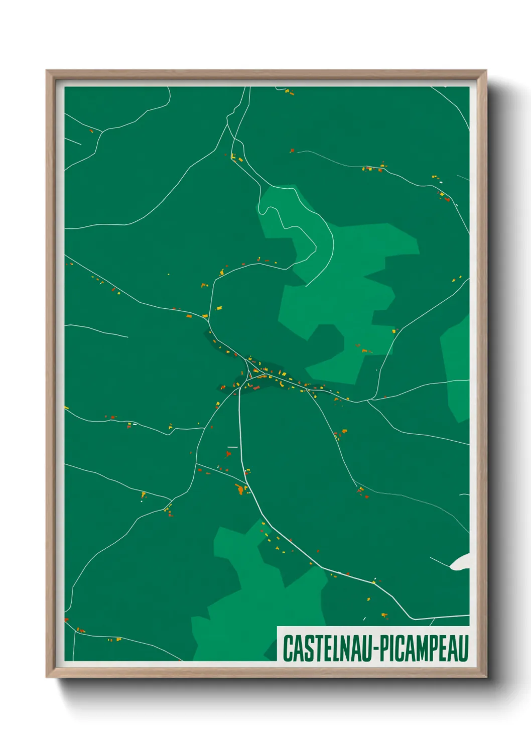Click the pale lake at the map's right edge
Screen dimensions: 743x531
pos(462,562)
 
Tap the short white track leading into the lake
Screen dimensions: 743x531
pos(440,562)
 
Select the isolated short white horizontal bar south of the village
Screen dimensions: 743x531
pos(232,446)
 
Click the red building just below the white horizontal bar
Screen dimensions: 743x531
pos(228,454)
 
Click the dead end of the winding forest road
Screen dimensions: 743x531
pos(306,286)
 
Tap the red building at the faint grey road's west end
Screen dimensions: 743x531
pos(292,150)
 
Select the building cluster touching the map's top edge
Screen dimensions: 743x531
pos(289,91)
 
